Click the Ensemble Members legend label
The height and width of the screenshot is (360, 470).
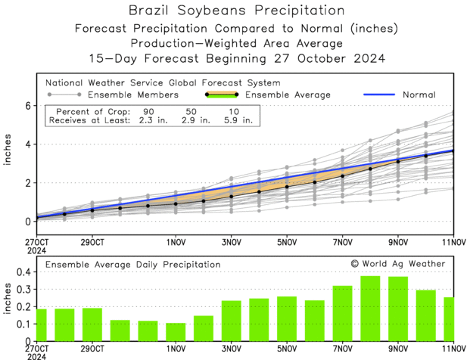pos(133,95)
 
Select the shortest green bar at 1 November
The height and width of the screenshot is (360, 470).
pos(176,332)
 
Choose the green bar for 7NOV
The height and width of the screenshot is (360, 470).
pos(342,313)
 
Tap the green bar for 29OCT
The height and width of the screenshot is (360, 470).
pos(92,324)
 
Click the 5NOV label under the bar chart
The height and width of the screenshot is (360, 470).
pos(286,349)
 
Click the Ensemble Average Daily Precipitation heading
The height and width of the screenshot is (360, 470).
pos(132,265)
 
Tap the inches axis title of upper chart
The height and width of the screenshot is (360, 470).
pos(9,163)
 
